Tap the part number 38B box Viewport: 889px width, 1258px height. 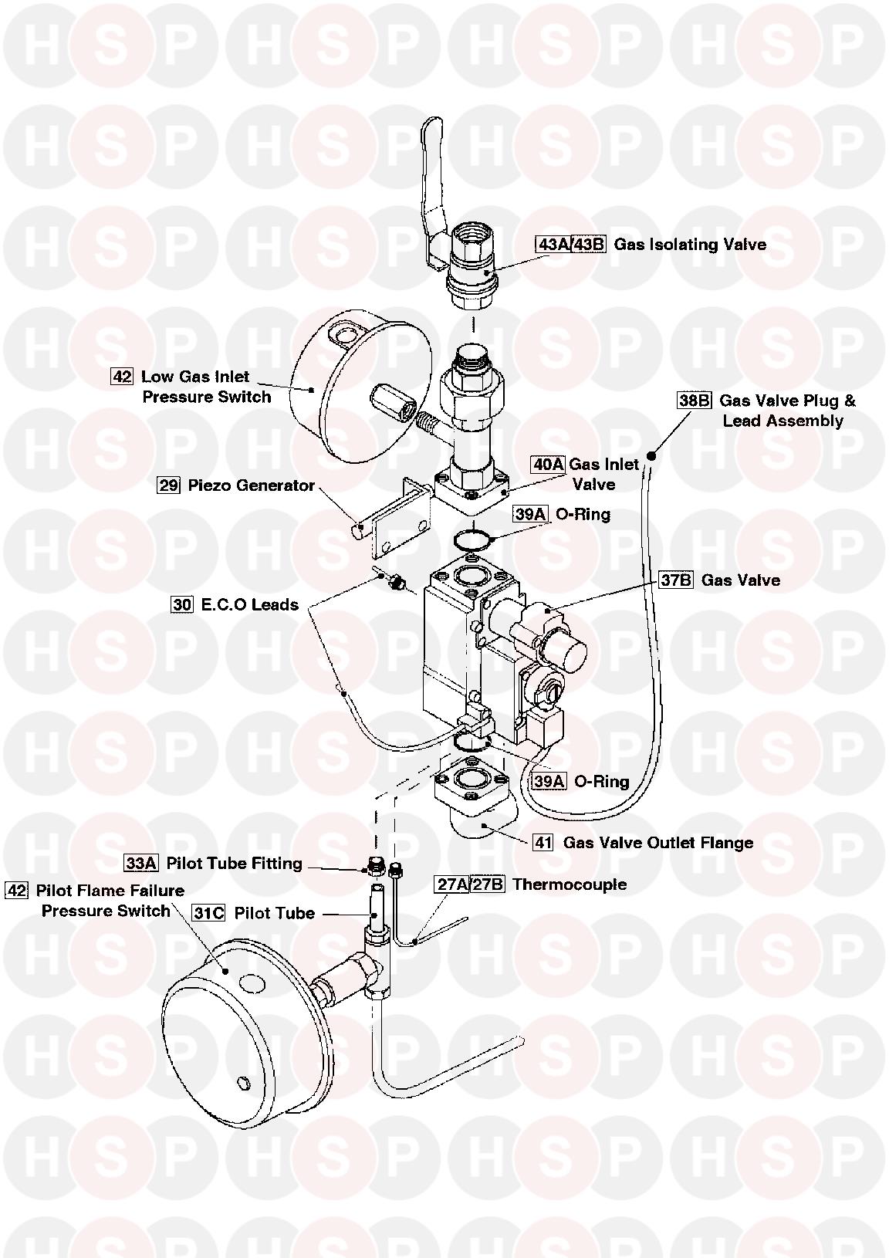(694, 401)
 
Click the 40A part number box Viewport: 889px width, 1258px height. (548, 464)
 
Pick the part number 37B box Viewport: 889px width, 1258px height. (676, 580)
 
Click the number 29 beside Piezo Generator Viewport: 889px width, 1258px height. (168, 485)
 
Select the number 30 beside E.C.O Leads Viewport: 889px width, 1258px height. (182, 604)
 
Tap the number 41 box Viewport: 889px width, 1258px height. (544, 842)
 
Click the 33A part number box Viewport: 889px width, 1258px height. (141, 863)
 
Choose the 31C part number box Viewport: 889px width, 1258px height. (209, 913)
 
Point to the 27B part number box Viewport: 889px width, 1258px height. (488, 884)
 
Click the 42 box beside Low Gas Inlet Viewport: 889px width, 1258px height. (122, 377)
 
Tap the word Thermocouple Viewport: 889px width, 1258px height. (570, 884)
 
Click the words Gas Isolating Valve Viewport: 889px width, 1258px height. (690, 245)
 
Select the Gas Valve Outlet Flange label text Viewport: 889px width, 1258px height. (657, 843)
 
